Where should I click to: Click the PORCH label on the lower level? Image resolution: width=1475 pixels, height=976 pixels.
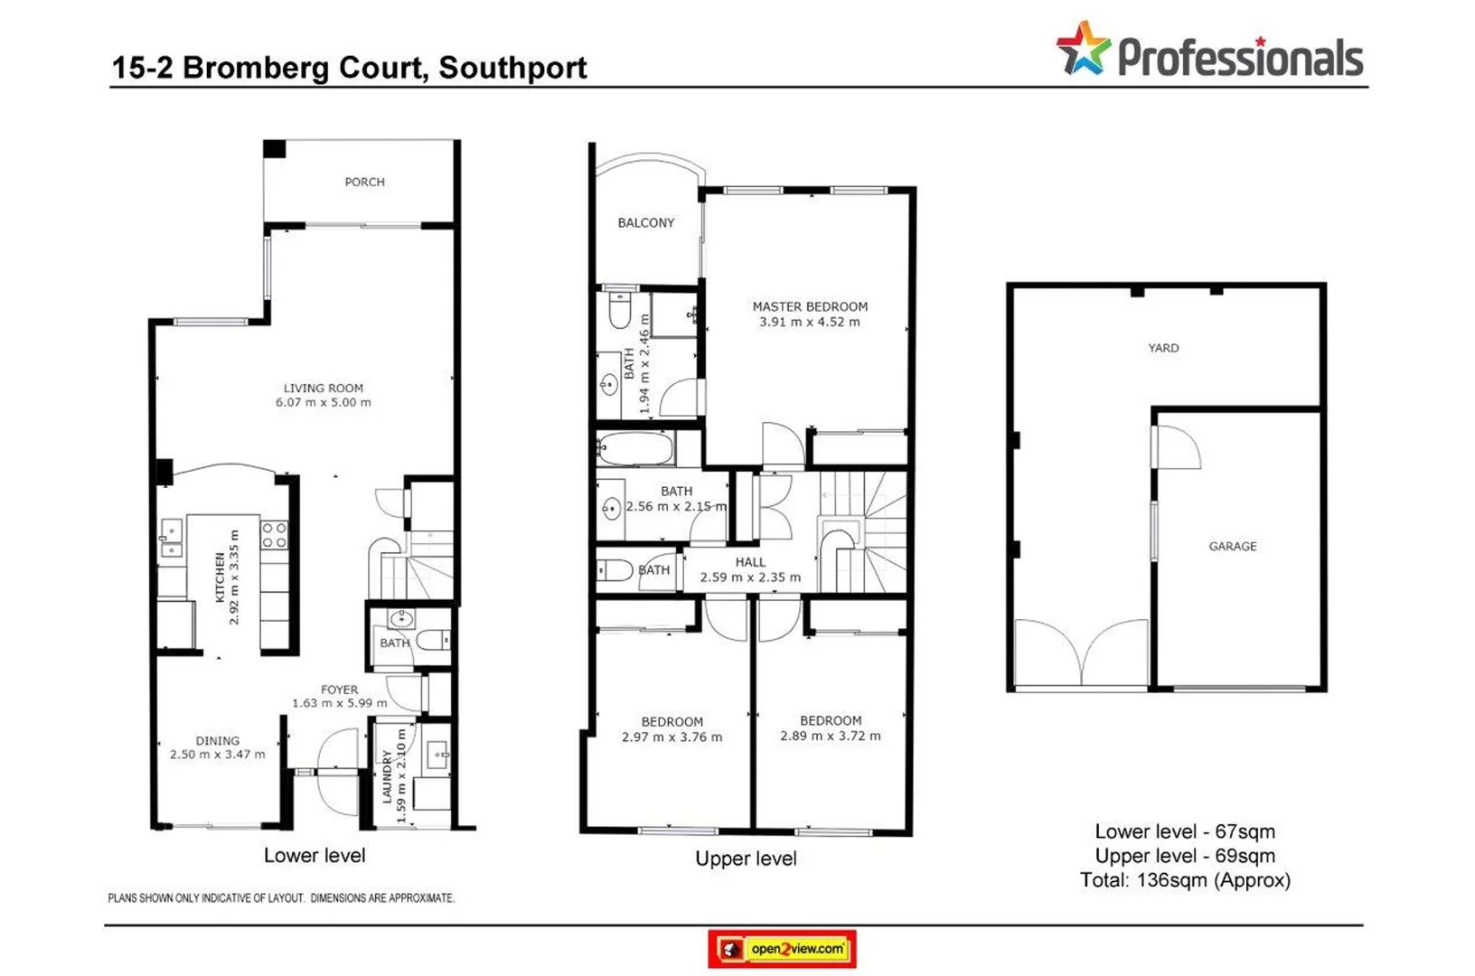364,182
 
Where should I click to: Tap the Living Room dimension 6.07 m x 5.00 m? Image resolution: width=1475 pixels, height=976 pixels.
323,402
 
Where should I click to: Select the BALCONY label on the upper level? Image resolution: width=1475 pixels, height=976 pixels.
645,222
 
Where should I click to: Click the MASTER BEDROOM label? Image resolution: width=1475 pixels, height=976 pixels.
810,306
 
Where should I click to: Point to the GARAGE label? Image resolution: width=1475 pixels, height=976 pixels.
1232,546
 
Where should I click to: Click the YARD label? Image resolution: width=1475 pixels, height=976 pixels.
1163,348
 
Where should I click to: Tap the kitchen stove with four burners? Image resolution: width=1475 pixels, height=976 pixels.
274,535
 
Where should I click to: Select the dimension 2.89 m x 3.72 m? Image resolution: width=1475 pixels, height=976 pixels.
830,736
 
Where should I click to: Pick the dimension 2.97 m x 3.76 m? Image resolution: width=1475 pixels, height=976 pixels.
672,737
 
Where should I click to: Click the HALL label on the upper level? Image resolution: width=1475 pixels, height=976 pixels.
749,562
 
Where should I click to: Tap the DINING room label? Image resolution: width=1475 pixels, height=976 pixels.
217,740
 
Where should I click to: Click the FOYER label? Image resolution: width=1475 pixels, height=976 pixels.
339,689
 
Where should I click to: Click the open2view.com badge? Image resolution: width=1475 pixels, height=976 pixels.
782,949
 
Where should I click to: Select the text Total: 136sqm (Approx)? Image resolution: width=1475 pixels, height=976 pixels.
1184,879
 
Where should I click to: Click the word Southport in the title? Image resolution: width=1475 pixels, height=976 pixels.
512,68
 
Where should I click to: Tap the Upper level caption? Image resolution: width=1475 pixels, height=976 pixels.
746,859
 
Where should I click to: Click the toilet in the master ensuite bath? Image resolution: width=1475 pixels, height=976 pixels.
620,310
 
